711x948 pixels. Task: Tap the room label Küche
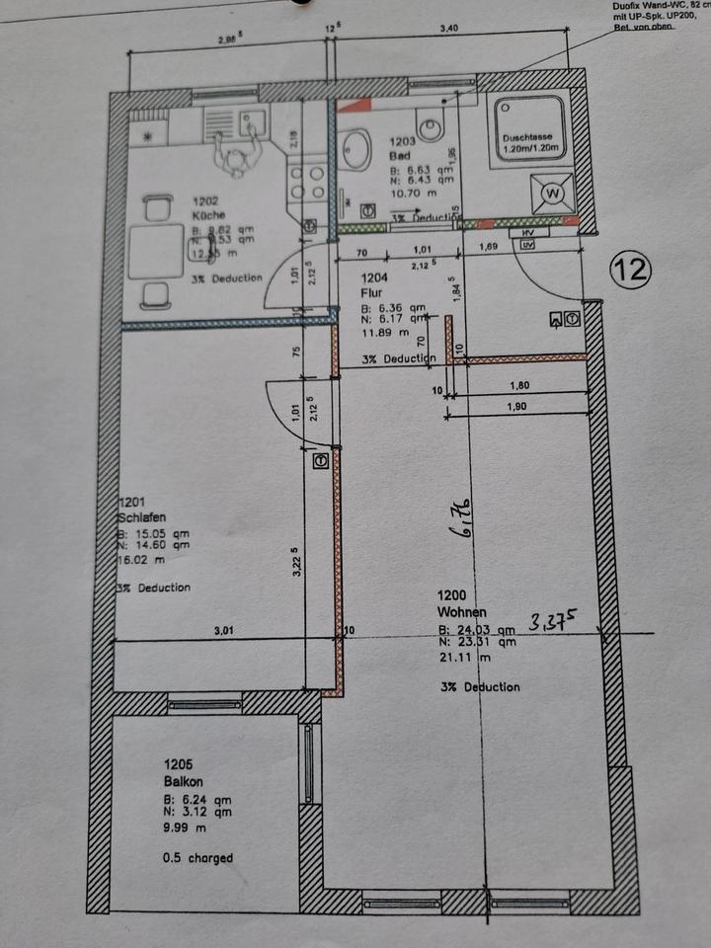(209, 214)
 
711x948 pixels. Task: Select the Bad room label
(400, 156)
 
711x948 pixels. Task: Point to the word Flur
(372, 292)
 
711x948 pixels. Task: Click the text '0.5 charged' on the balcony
(197, 858)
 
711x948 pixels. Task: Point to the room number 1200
(450, 595)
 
